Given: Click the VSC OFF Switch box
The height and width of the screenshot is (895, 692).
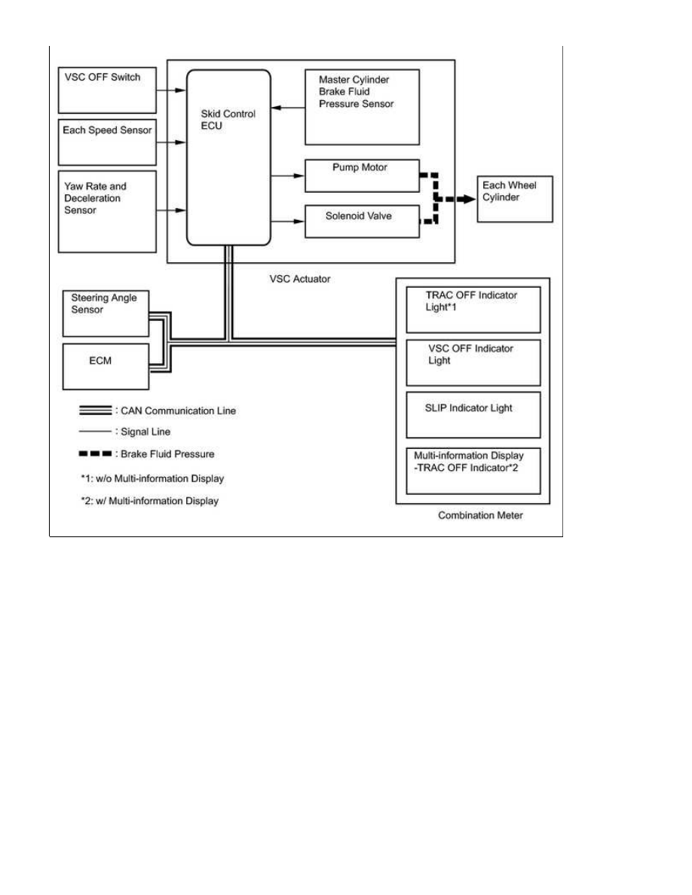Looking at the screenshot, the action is coord(107,90).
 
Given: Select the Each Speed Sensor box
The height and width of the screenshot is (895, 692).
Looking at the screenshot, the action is coord(107,142).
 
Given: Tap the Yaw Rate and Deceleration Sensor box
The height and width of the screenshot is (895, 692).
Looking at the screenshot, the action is coord(107,212).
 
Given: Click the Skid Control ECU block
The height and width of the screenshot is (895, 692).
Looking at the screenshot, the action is coord(228,157).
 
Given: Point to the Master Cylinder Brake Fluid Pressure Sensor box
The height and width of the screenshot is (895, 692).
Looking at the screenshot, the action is coord(362,107).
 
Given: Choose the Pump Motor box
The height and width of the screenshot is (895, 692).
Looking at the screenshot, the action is coord(362,176).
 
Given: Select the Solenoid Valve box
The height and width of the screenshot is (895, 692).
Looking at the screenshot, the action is coord(362,221).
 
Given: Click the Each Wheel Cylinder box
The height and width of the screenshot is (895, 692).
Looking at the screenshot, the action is coord(515,199).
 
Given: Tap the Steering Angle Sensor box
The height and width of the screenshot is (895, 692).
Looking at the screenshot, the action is coord(106,313).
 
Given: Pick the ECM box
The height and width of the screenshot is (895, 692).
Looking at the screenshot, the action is coord(106,366).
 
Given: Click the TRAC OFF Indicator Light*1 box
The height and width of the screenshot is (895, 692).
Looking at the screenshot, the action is coord(473,310).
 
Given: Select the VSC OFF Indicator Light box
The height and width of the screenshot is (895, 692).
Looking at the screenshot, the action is coord(473,363).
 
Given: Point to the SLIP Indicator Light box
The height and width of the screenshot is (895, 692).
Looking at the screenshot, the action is coord(473,415).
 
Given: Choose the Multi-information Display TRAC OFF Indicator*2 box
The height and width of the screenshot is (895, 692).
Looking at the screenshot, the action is coord(473,471).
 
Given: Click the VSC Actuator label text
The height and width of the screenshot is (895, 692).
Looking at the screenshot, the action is coord(300,279).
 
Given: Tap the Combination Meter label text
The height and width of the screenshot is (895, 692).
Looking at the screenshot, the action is coord(480,515).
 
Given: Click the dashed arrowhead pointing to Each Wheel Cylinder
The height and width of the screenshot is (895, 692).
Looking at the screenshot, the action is coord(470,199).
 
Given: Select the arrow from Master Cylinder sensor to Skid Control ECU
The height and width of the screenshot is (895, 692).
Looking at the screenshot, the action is coord(288,107).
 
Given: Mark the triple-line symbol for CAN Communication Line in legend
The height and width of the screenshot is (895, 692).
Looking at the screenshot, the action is coord(95,411).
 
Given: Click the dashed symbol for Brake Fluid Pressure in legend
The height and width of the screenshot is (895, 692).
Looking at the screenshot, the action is coord(95,454).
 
